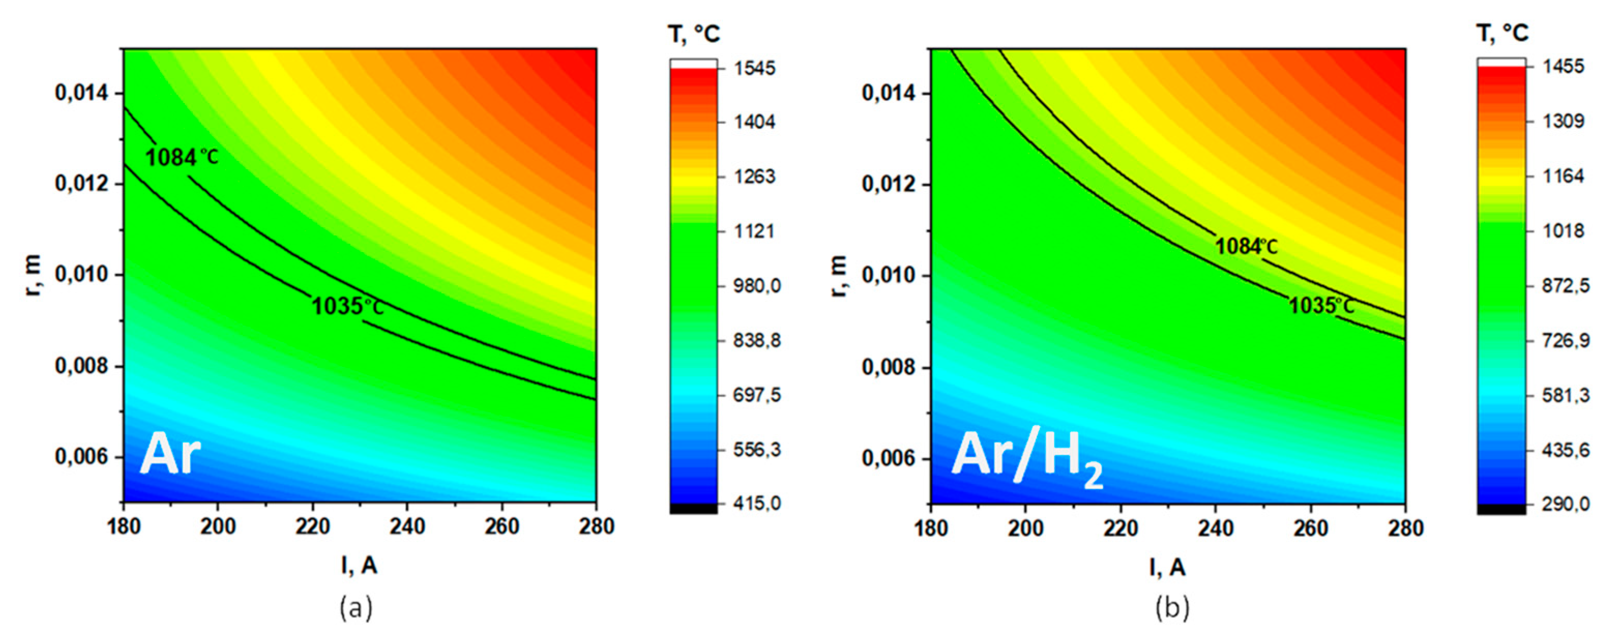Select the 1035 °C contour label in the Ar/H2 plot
1321,306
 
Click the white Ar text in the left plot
170,454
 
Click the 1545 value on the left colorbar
756,68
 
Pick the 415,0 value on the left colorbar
757,503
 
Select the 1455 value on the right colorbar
1563,67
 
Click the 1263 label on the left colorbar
756,176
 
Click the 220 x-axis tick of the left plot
313,527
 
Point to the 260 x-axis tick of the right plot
1310,528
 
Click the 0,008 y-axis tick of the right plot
888,367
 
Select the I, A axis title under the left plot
359,566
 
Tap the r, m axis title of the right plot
839,276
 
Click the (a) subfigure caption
356,608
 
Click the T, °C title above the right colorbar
1502,33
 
